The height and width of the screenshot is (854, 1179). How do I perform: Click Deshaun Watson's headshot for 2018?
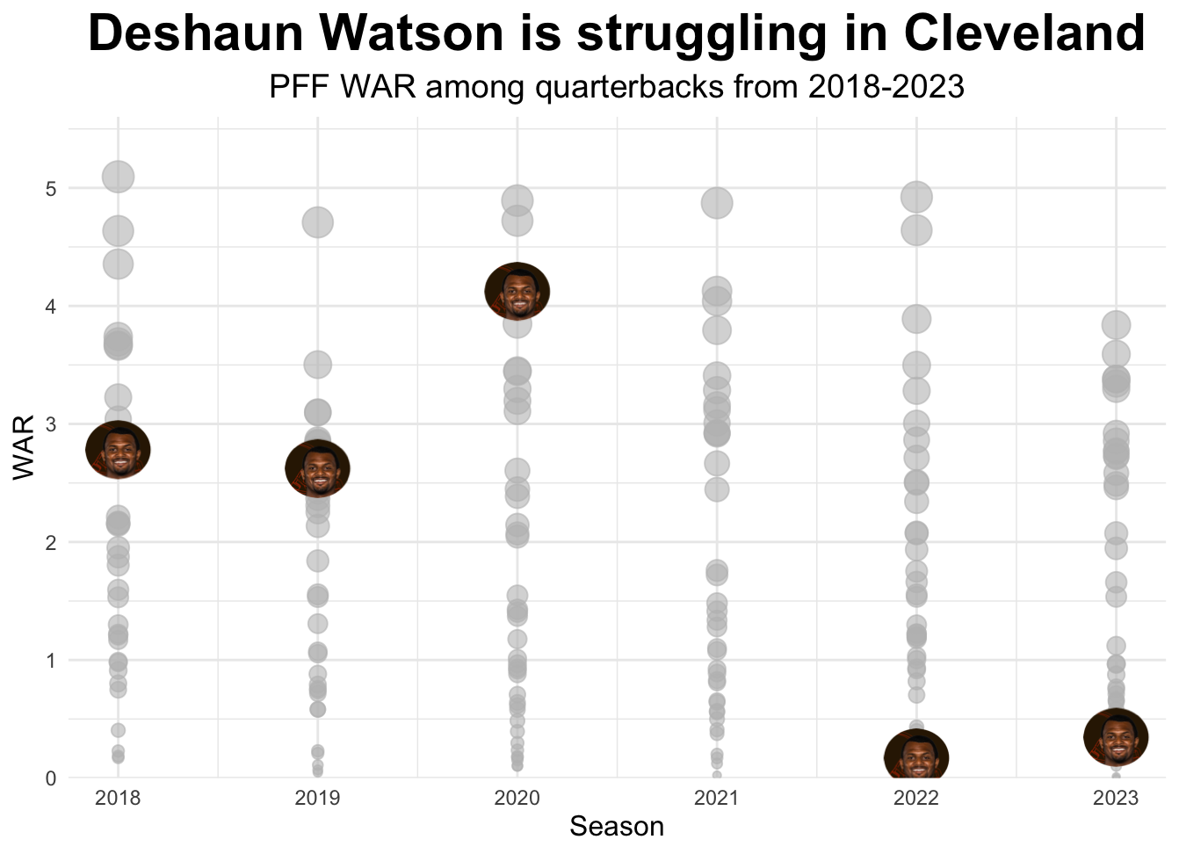coord(118,450)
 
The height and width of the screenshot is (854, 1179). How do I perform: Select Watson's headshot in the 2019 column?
coord(317,468)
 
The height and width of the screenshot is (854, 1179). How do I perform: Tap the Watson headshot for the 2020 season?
coord(517,291)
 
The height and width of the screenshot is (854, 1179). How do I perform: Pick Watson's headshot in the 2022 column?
coord(916,757)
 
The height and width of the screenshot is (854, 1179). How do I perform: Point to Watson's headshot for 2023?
coord(1116,737)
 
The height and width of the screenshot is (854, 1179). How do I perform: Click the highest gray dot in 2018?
coord(118,177)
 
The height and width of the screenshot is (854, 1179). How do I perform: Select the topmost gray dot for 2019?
coord(317,222)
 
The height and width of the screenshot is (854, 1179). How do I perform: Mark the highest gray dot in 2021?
coord(717,203)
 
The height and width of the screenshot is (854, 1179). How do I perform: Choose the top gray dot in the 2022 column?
coord(916,197)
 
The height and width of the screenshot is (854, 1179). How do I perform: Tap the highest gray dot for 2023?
coord(1116,325)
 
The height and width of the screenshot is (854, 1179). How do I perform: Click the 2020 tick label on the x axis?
coord(517,799)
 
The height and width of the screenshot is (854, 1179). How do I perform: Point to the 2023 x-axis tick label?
coord(1116,799)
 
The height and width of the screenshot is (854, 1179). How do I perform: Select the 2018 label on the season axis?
coord(118,799)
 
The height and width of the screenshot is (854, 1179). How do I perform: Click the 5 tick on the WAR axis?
coord(51,189)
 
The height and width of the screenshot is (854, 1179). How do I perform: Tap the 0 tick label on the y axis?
coord(51,778)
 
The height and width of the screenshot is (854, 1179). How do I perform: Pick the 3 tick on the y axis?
coord(51,424)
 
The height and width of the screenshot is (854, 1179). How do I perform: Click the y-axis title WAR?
coord(24,447)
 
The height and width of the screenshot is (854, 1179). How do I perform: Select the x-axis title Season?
coord(617,827)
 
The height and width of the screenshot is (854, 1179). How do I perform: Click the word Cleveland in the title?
coord(1023,35)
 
